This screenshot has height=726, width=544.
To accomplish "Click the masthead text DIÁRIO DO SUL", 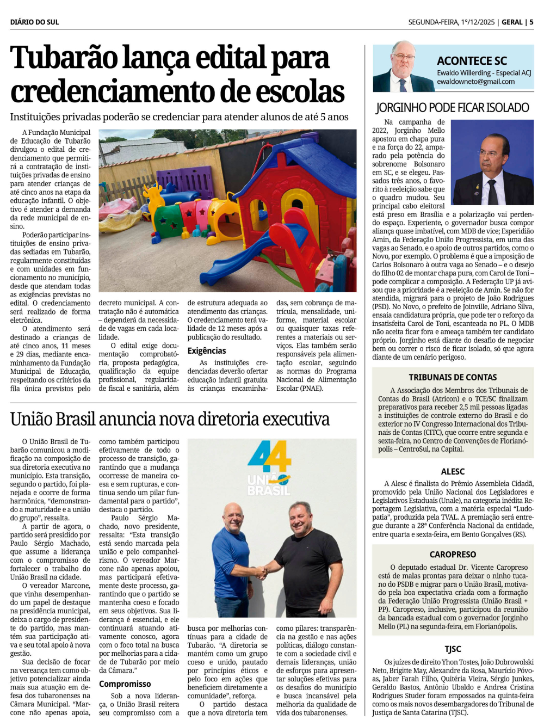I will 34,22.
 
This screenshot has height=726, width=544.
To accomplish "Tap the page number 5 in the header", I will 531,22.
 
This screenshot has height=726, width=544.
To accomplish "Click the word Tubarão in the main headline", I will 64,58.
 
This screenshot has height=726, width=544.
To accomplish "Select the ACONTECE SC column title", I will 472,61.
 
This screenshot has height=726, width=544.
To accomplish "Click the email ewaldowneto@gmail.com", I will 475,82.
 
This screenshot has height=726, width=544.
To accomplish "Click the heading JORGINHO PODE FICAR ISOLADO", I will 452,108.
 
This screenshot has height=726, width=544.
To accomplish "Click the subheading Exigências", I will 207,351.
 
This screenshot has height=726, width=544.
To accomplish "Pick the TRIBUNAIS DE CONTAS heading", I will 453,377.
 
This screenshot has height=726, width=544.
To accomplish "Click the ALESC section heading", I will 453,471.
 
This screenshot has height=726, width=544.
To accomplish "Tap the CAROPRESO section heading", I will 453,555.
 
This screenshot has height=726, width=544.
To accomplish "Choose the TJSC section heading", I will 453,649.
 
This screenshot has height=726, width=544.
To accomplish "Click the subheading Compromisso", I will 125,684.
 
